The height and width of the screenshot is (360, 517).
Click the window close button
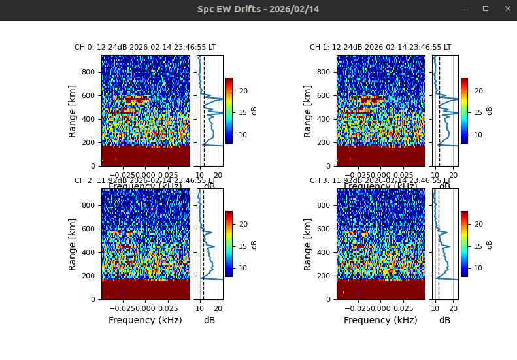coord(507,9)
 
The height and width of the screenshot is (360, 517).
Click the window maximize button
coord(486,9)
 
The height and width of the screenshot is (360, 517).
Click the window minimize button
coord(463,9)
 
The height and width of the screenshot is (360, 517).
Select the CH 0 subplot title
coord(145,48)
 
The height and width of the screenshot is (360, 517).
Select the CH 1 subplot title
coord(380,48)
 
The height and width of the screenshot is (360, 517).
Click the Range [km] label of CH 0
coord(73,110)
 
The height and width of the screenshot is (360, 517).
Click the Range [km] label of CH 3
coord(309,244)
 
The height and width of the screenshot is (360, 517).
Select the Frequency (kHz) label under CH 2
coord(145,320)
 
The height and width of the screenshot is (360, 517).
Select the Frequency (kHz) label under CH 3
coord(380,320)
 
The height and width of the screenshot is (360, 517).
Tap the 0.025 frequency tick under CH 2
coord(168,308)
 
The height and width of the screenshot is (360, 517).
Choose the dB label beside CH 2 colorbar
coord(254,244)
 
